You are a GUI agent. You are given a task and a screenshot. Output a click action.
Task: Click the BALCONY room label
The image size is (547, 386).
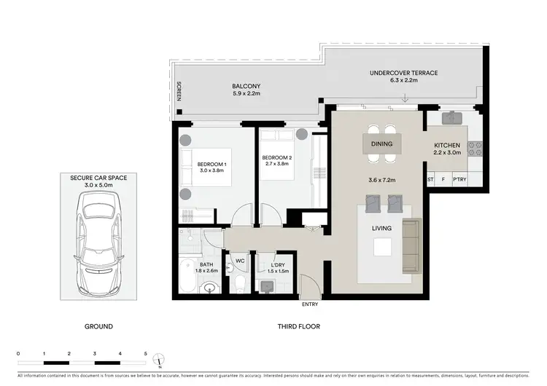pos(246,86)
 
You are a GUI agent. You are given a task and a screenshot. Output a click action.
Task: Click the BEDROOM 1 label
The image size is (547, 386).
pos(212,164)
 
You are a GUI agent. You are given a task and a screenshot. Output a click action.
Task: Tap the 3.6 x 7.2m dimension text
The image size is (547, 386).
pos(382,178)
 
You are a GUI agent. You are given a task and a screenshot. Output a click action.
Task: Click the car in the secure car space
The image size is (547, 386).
pos(98,235)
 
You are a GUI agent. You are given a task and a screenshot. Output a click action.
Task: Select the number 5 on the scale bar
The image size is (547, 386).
pos(145,352)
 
